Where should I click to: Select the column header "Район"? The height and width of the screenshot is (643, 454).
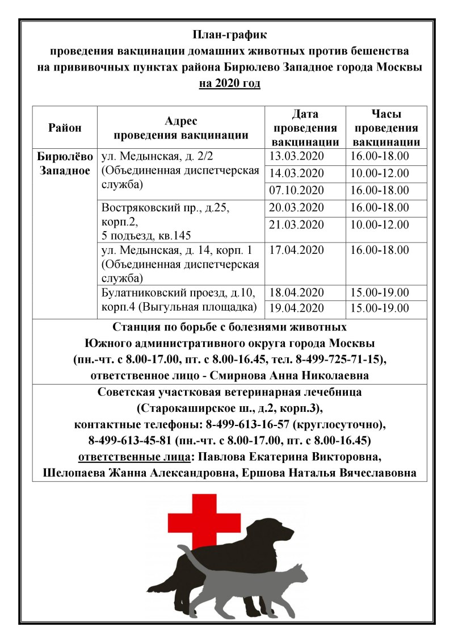click(65, 128)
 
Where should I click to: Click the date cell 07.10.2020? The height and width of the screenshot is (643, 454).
click(296, 190)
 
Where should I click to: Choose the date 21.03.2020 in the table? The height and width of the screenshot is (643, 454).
click(296, 224)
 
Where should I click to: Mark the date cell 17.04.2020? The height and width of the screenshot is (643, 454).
click(296, 249)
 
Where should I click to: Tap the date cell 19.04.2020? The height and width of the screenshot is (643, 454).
click(296, 308)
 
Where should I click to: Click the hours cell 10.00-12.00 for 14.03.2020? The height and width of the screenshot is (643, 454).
click(380, 173)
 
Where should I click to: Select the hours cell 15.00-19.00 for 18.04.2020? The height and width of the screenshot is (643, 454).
click(380, 293)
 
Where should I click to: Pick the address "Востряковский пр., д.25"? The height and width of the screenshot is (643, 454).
click(173, 208)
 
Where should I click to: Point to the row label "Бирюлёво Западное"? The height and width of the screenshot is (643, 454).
click(65, 163)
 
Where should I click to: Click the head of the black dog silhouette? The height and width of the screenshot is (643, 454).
click(281, 531)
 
